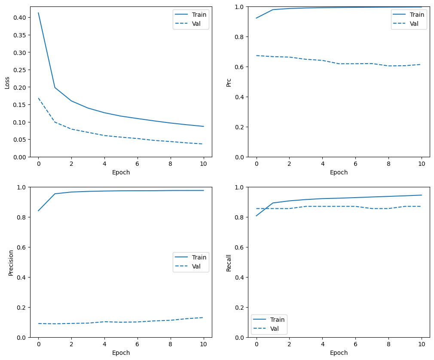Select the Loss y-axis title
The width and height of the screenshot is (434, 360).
7,82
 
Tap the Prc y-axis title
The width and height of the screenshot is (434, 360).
229,82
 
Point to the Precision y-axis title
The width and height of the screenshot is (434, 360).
11,262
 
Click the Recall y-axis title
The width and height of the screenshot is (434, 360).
229,262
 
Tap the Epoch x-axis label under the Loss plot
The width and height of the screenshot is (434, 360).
121,173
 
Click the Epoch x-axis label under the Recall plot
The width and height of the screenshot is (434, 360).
339,353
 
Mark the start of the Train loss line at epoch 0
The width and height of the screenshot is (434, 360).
38,13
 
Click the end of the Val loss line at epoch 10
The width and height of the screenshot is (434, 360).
203,144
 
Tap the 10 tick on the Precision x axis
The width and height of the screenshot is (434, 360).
203,345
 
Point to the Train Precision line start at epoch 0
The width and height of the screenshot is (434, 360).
38,211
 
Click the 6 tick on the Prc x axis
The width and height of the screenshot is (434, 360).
355,164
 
